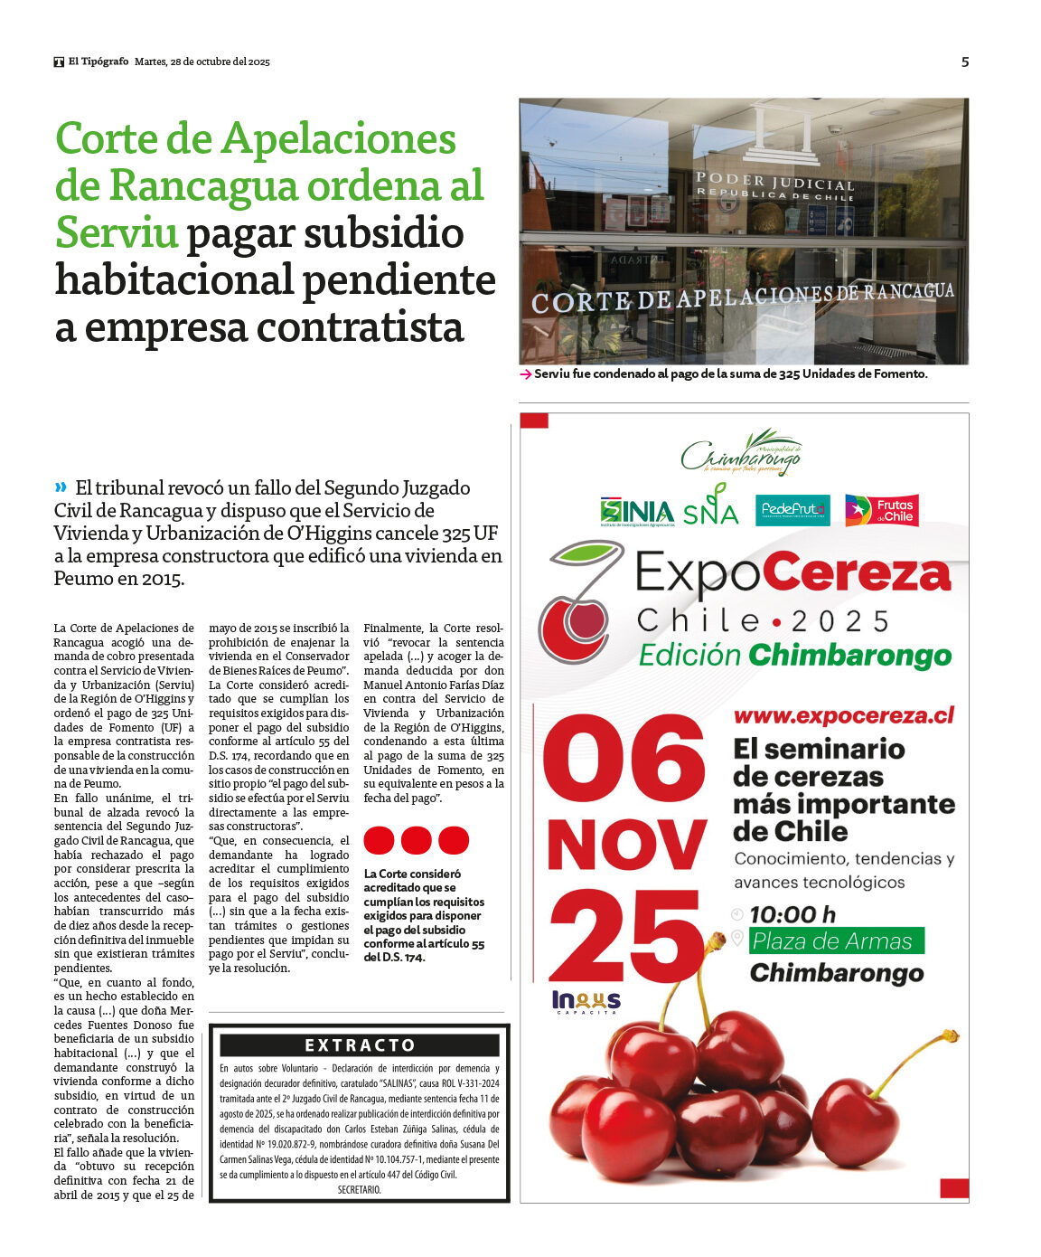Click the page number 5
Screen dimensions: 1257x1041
(964, 62)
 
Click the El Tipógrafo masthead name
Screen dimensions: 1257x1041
(98, 61)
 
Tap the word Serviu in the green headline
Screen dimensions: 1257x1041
(117, 232)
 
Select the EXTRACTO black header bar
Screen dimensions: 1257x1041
(360, 1045)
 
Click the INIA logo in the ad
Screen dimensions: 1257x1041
(637, 512)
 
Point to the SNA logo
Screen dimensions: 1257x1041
(711, 506)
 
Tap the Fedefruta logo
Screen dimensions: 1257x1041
(792, 510)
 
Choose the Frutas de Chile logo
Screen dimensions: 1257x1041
(881, 511)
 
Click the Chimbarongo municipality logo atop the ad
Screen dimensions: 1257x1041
(742, 453)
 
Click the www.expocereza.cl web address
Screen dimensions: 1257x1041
(843, 715)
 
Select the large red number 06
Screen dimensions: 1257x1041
(624, 761)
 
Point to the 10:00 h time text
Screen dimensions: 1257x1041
(792, 914)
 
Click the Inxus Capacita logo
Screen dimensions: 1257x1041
(586, 1001)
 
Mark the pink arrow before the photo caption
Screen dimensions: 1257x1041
(526, 374)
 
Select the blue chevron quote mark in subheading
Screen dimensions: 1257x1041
(61, 487)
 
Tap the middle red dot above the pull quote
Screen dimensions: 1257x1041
(417, 840)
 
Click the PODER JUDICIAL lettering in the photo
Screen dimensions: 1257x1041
(774, 182)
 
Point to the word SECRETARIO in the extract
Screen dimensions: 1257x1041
(360, 1190)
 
